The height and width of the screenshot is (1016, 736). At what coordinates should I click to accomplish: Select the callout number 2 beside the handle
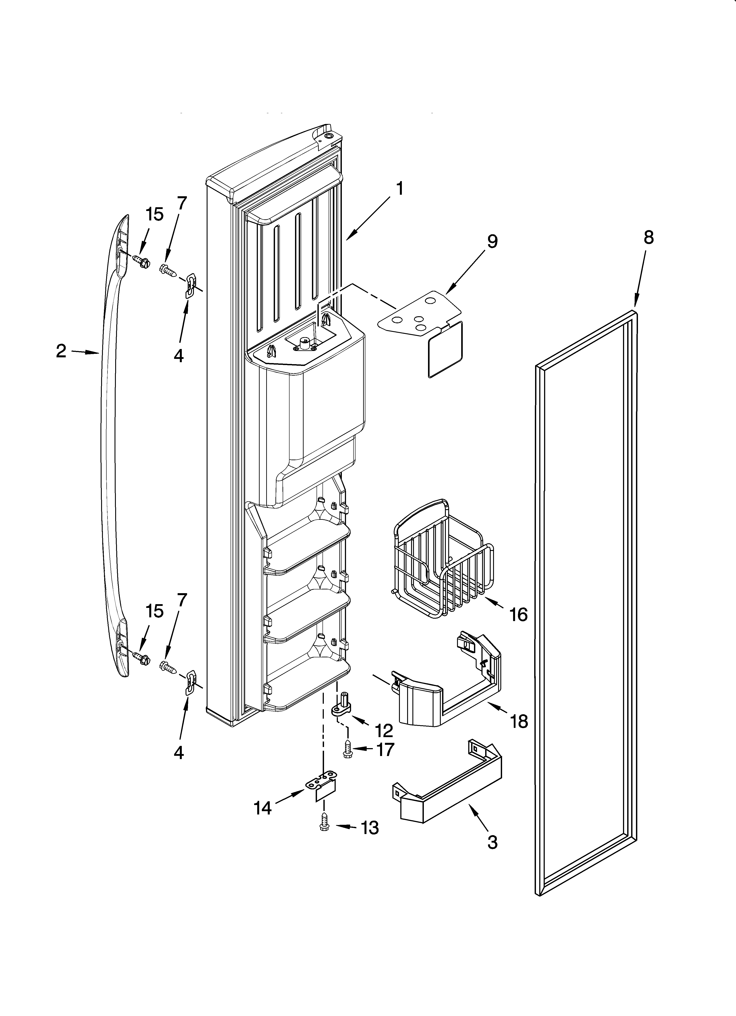tap(61, 351)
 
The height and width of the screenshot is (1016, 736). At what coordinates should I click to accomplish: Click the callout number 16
tap(519, 615)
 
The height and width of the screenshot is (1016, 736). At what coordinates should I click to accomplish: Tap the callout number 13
tap(370, 828)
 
